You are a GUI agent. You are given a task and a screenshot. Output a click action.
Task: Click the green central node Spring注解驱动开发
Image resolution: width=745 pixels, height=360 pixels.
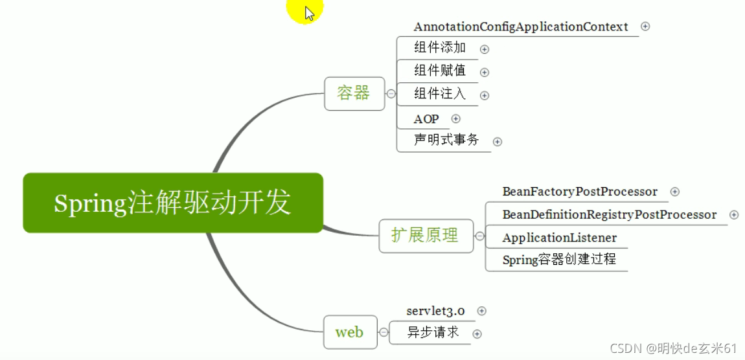(172, 203)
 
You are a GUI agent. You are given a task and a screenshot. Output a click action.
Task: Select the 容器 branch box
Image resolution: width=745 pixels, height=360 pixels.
(354, 93)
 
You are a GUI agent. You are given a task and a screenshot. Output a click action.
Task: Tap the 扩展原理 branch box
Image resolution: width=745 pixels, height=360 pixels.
(425, 236)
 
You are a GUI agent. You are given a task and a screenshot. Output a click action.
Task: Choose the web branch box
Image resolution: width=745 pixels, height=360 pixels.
(349, 333)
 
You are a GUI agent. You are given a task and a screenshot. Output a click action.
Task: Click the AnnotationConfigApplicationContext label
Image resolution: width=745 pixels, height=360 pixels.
(521, 27)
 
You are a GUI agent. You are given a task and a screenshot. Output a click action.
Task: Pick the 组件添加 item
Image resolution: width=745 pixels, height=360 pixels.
(440, 48)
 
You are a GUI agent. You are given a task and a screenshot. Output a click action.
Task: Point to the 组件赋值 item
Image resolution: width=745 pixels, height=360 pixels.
(440, 71)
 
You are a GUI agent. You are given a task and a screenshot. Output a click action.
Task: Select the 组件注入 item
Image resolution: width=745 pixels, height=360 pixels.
(440, 94)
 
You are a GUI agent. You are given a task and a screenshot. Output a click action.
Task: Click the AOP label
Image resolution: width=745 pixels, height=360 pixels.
(426, 119)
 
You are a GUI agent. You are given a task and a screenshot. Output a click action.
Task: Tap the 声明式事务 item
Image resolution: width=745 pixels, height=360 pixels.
(446, 140)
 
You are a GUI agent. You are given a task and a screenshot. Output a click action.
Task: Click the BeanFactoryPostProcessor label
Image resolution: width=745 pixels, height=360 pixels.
(580, 192)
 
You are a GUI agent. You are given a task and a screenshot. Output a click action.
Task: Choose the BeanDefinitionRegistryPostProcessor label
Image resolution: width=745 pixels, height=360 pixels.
(610, 215)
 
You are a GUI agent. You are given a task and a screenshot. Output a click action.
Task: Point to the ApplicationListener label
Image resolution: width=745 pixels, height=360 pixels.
(560, 238)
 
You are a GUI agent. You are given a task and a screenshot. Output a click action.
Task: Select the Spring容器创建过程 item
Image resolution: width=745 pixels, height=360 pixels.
(559, 260)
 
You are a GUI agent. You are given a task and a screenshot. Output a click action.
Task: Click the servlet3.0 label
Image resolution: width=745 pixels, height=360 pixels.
(436, 311)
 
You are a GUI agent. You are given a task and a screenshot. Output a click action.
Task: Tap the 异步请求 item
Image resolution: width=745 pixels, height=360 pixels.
(433, 333)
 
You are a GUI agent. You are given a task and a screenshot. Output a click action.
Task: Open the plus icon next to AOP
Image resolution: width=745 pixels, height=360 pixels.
(456, 119)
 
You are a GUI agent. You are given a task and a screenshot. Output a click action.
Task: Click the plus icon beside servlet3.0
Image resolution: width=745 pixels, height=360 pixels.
(481, 311)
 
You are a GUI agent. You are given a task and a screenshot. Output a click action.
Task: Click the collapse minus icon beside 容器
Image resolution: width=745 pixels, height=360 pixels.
(391, 94)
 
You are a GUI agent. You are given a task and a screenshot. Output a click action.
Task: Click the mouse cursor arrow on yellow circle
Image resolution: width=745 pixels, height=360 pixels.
(309, 13)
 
